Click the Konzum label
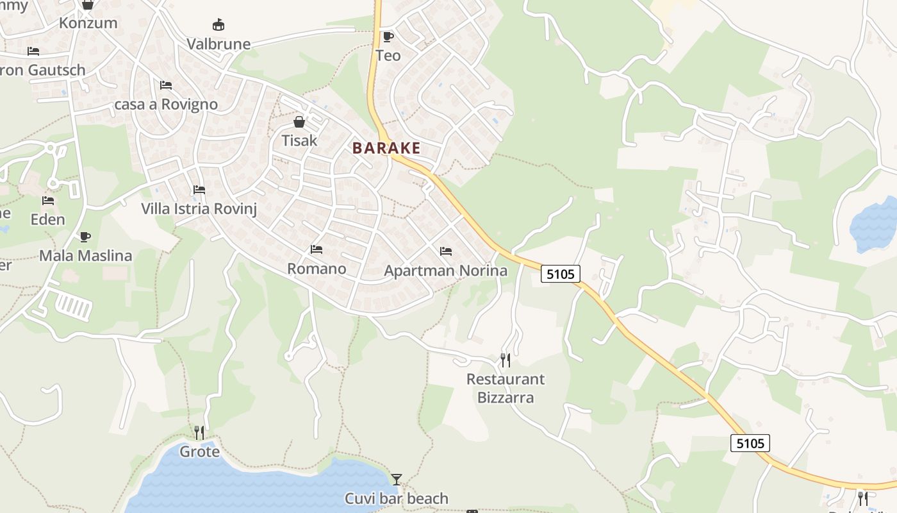click(x=88, y=23)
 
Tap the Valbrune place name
click(x=218, y=44)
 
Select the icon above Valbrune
click(x=218, y=25)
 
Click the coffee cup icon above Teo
click(x=388, y=37)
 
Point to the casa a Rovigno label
click(x=166, y=104)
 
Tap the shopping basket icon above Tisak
click(x=299, y=121)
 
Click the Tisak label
click(x=299, y=140)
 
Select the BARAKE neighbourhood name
click(x=386, y=148)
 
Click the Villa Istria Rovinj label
click(x=199, y=209)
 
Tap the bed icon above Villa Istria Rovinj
click(x=199, y=190)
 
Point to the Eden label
click(x=48, y=219)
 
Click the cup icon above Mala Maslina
click(x=85, y=237)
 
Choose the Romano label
click(x=317, y=268)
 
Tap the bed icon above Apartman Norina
click(x=446, y=251)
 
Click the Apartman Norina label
click(x=445, y=271)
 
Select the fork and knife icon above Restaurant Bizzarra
click(x=506, y=360)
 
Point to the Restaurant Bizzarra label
click(x=506, y=388)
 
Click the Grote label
click(x=199, y=451)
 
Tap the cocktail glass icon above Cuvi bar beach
click(x=397, y=479)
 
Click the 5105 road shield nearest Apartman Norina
click(x=561, y=274)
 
